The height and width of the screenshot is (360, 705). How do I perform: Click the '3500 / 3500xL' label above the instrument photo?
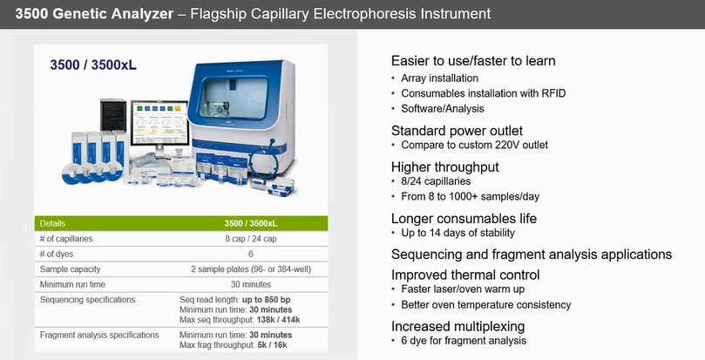click(93, 65)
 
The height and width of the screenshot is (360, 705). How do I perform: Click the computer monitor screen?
click(159, 123)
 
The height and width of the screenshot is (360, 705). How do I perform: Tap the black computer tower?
click(113, 115)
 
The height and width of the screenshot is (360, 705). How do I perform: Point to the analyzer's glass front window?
click(234, 98)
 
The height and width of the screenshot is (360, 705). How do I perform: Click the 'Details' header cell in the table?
click(52, 224)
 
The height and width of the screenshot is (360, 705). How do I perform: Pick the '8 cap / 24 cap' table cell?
click(251, 239)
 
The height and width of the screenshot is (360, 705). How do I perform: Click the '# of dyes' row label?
click(57, 255)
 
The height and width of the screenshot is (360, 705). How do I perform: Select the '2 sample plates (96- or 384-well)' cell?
click(251, 269)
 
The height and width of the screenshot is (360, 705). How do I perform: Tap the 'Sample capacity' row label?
click(70, 269)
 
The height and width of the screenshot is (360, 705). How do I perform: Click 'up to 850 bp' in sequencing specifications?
click(266, 300)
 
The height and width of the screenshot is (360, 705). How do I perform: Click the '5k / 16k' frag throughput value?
click(272, 345)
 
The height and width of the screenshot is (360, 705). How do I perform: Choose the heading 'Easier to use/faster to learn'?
click(473, 61)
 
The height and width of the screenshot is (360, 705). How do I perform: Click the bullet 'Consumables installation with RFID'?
click(484, 93)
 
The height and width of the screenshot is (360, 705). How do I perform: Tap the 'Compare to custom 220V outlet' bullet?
click(474, 145)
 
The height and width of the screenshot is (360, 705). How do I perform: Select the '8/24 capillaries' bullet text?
click(436, 181)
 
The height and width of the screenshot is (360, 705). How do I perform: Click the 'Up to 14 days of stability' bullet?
click(458, 233)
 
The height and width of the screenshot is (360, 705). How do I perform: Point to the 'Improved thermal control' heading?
click(465, 275)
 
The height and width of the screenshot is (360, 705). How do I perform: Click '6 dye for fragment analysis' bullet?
click(464, 341)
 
